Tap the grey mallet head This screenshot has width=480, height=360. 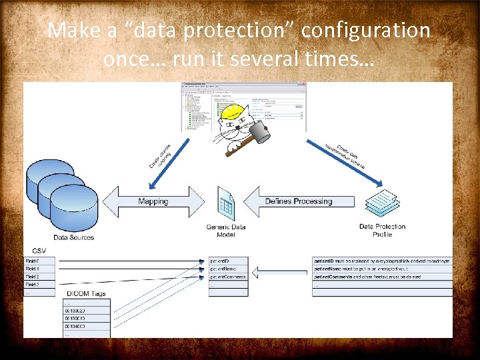coord(260,133)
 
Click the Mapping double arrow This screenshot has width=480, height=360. coord(153,201)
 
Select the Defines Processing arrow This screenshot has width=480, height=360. coord(293,201)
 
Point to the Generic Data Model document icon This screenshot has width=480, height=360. coord(226,203)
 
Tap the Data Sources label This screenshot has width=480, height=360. coord(74,237)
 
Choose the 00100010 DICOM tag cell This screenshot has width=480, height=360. coord(86,318)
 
